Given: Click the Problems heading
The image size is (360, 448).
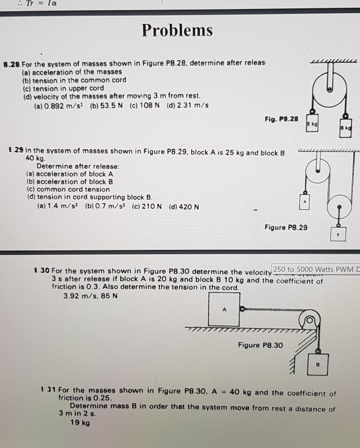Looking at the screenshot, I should [177, 30].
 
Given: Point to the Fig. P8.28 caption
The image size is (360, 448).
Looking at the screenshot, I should [281, 119].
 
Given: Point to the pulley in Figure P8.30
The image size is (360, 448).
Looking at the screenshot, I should [308, 322].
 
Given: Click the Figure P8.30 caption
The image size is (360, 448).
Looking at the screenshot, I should [260, 345].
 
